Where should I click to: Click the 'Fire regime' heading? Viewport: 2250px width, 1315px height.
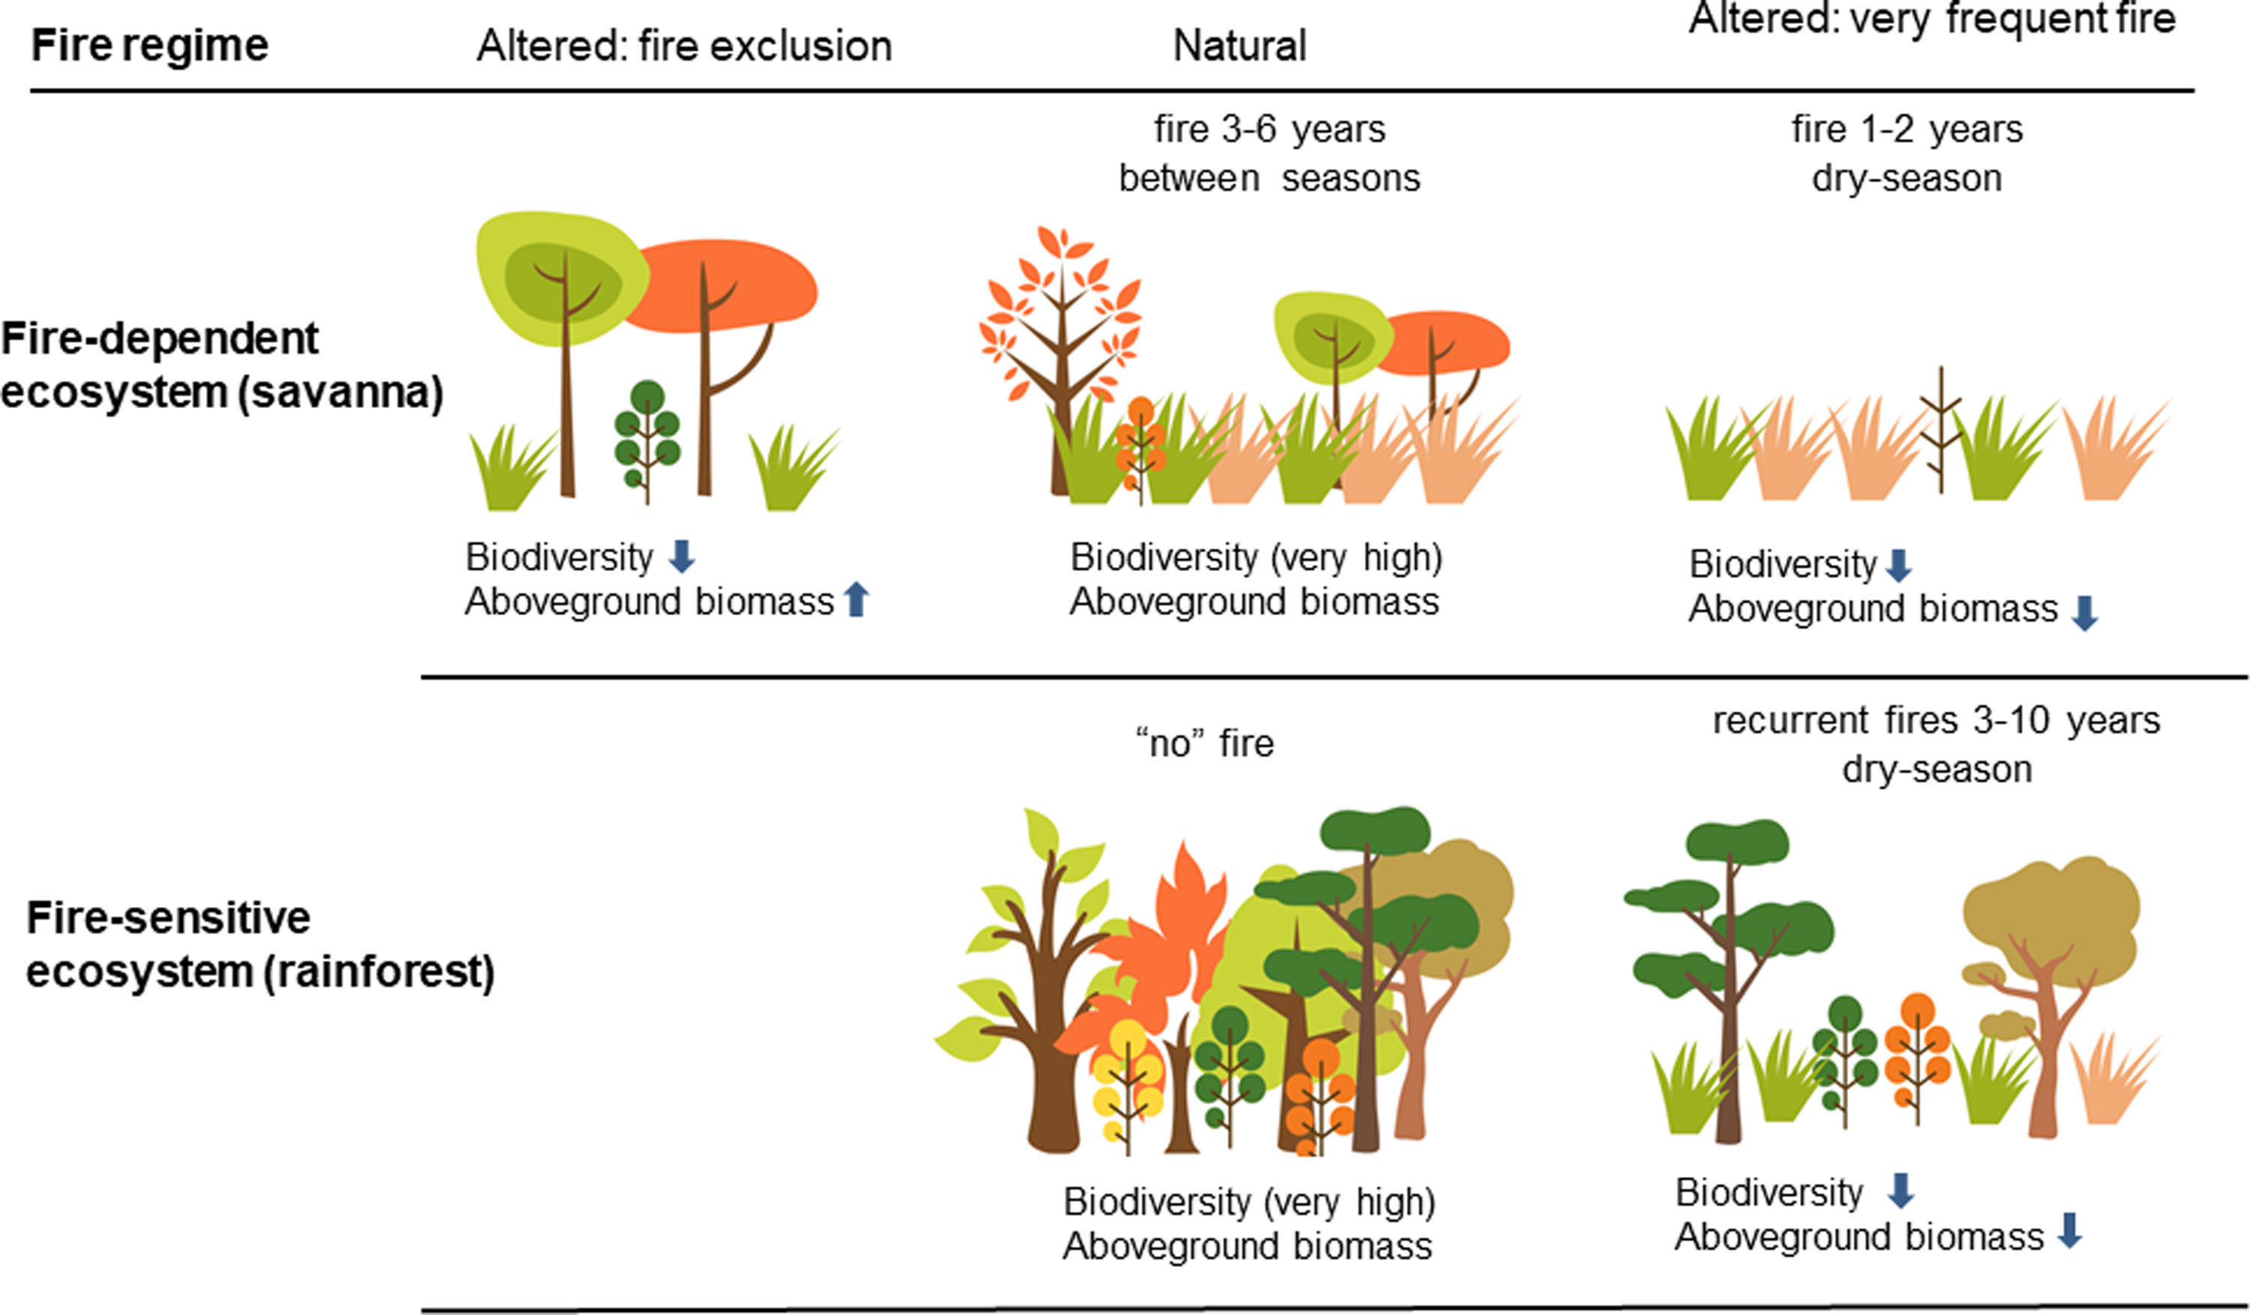pyautogui.click(x=149, y=45)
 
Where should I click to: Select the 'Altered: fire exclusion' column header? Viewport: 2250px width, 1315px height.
pyautogui.click(x=684, y=46)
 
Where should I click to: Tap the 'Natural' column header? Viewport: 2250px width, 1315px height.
pyautogui.click(x=1239, y=46)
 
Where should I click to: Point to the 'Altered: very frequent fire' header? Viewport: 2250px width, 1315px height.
pyautogui.click(x=1932, y=20)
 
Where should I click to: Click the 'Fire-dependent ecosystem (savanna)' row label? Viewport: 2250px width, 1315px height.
pyautogui.click(x=221, y=365)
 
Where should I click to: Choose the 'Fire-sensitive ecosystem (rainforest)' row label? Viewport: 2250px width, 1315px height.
pyautogui.click(x=259, y=944)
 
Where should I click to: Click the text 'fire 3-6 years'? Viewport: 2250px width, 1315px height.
pyautogui.click(x=1269, y=130)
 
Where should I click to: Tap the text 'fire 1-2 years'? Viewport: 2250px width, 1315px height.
pyautogui.click(x=1906, y=130)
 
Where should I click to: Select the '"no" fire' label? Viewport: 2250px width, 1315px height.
pyautogui.click(x=1204, y=743)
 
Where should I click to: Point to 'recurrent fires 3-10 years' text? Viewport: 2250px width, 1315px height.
pyautogui.click(x=1936, y=719)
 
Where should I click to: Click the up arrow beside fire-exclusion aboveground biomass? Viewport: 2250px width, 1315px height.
pyautogui.click(x=856, y=599)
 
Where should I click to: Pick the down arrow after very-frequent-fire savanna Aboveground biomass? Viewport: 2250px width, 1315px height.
pyautogui.click(x=2085, y=614)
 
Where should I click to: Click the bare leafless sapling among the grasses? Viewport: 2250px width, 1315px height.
pyautogui.click(x=1940, y=428)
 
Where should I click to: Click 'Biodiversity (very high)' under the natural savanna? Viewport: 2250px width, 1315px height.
pyautogui.click(x=1255, y=557)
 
